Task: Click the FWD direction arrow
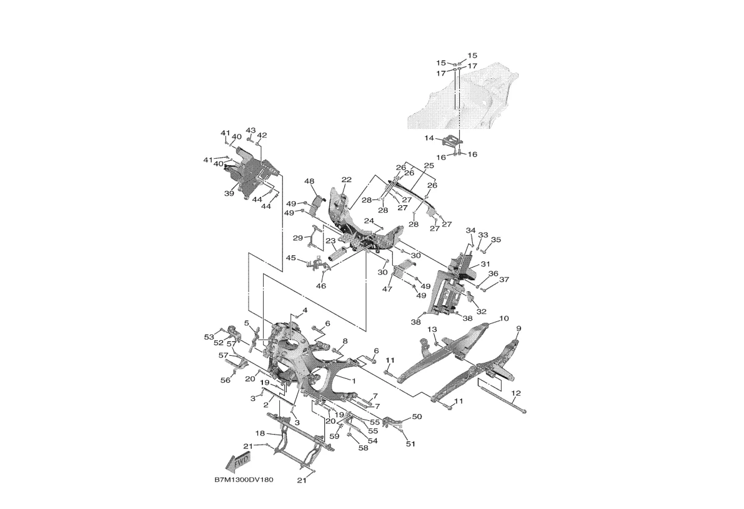click(238, 461)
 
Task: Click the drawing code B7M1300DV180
click(244, 480)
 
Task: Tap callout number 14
click(429, 138)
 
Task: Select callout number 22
click(347, 180)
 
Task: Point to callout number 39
click(229, 193)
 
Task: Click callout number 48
click(309, 181)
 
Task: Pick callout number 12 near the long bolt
click(516, 393)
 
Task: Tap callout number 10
click(504, 318)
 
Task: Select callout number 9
click(518, 328)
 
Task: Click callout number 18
click(260, 433)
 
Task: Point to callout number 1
click(354, 381)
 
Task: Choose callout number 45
click(291, 258)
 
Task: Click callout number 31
click(485, 264)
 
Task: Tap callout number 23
click(330, 241)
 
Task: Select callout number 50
click(417, 417)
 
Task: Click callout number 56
click(226, 380)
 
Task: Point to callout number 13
click(432, 330)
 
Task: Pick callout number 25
click(429, 166)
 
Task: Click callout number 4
click(305, 310)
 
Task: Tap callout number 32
click(481, 312)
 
